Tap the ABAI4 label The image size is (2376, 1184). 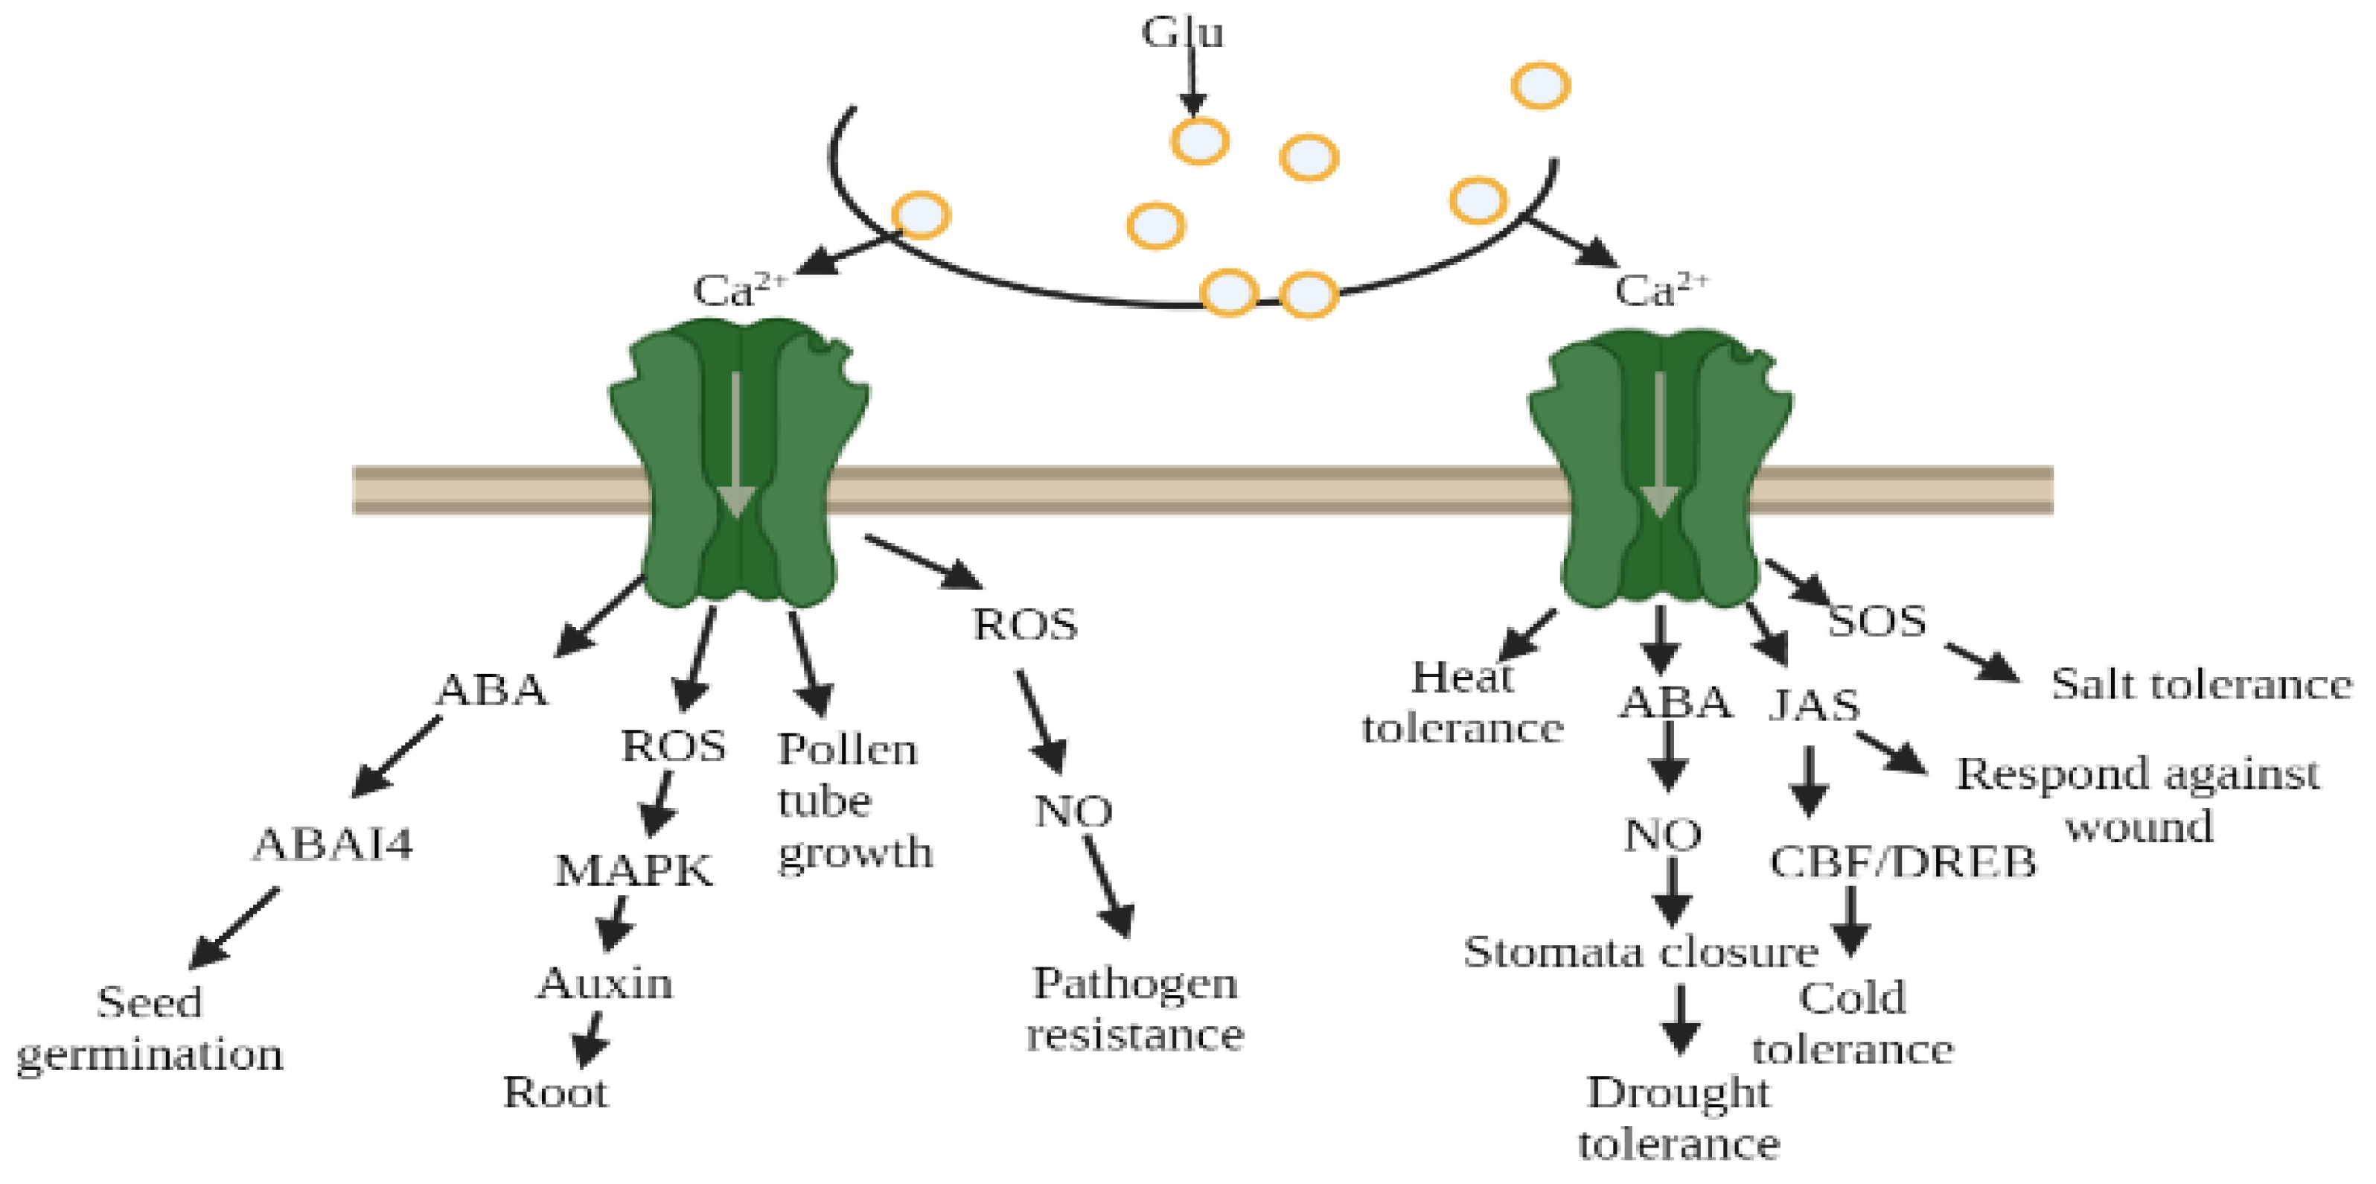tap(333, 844)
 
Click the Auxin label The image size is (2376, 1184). tap(605, 984)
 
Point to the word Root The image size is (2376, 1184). tap(555, 1092)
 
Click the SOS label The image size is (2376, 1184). tap(1877, 620)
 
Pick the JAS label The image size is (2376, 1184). tap(1814, 706)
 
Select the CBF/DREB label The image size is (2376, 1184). tap(1902, 862)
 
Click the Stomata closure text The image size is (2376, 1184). tap(1641, 952)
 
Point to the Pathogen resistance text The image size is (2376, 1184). tap(1135, 1009)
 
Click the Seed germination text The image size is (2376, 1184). tap(150, 1028)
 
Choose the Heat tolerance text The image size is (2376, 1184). tap(1462, 702)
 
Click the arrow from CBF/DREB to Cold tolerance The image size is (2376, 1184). tap(1850, 921)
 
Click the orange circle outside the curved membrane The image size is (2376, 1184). tap(1540, 86)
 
